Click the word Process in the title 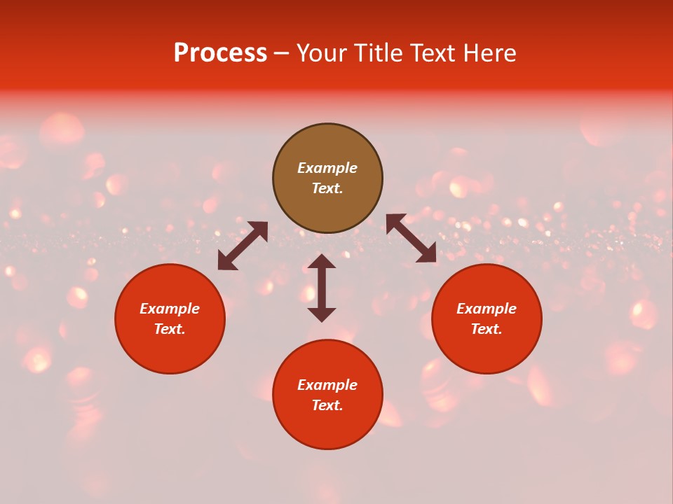220,53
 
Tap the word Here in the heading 488,53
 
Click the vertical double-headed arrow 322,288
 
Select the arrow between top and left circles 243,246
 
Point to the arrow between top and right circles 411,238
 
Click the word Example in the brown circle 327,168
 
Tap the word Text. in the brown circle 327,188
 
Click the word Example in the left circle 170,309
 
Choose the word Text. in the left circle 170,329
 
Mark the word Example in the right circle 487,309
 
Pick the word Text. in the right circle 487,329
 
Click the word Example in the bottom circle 327,385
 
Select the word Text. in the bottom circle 327,405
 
